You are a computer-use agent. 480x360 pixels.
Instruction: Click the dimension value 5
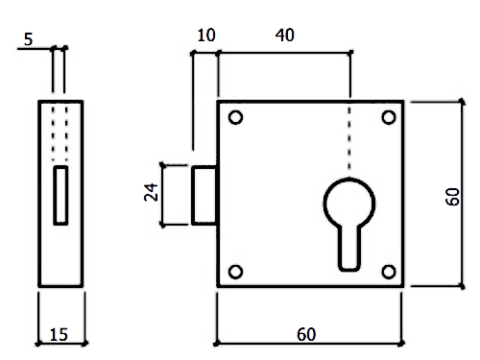point(28,39)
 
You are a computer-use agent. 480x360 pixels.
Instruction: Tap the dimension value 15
point(59,334)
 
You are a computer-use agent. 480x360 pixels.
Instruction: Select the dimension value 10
point(206,36)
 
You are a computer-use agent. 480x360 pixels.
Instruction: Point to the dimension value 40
point(284,36)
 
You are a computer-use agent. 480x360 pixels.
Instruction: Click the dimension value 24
point(151,192)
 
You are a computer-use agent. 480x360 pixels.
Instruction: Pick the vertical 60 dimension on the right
point(452,197)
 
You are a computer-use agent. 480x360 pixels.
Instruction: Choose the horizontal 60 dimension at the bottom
point(306,334)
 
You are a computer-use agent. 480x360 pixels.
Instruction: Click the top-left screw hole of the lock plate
point(236,117)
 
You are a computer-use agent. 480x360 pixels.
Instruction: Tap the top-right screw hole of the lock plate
point(389,117)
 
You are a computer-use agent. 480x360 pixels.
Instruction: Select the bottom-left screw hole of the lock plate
point(236,272)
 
